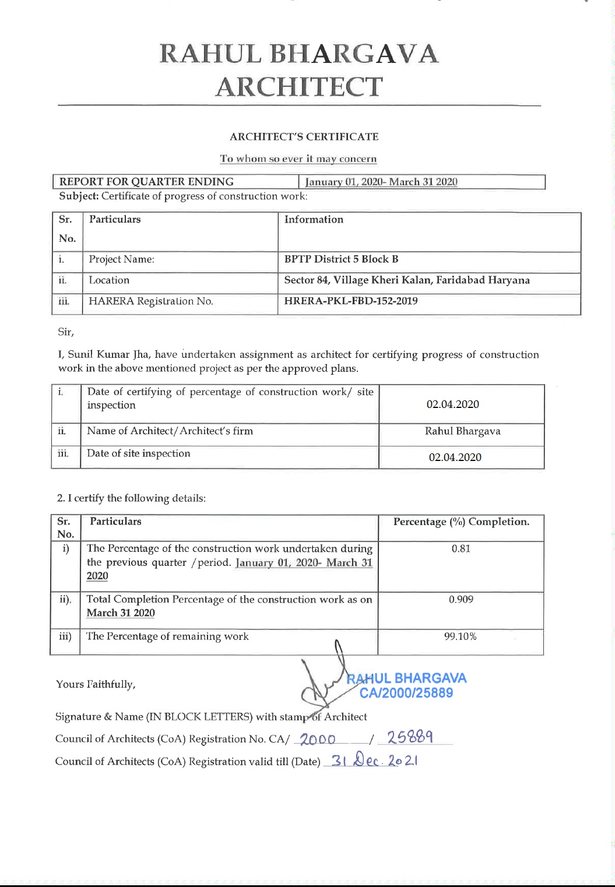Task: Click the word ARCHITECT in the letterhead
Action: click(298, 87)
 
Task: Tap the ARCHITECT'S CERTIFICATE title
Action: click(304, 137)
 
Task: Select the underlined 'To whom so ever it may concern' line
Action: click(298, 159)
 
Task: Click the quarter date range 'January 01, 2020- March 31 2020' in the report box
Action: click(381, 182)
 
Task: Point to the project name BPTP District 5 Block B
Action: click(341, 259)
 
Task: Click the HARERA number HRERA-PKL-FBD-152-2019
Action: click(350, 301)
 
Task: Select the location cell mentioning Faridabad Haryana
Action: click(406, 280)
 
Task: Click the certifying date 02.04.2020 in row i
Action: click(452, 404)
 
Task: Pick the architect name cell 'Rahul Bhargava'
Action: click(462, 431)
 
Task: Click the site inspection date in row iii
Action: click(455, 457)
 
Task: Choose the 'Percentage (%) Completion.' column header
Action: click(461, 522)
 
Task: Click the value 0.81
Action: click(461, 549)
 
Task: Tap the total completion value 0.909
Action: click(461, 600)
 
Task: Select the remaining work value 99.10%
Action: click(460, 636)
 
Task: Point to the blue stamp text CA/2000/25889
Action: click(406, 693)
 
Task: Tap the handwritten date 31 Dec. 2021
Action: click(374, 761)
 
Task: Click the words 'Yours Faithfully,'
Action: click(96, 684)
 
